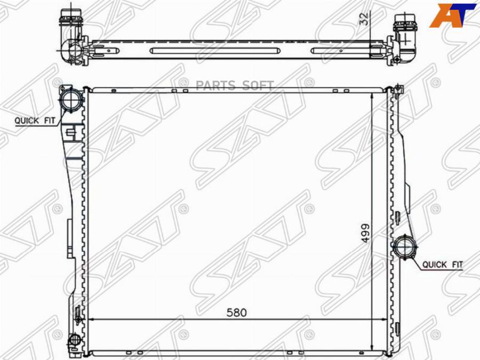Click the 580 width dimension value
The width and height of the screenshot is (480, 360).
coord(237,313)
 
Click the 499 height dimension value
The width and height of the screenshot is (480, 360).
coord(365,233)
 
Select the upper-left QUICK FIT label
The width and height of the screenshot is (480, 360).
coord(35,121)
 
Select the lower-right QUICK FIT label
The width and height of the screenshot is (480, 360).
coord(443,265)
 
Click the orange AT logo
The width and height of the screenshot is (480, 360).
coord(452,15)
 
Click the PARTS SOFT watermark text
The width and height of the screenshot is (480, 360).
coord(235,85)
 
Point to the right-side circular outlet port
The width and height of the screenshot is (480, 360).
coord(404,247)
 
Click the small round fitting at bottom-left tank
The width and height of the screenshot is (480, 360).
coord(74,339)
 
